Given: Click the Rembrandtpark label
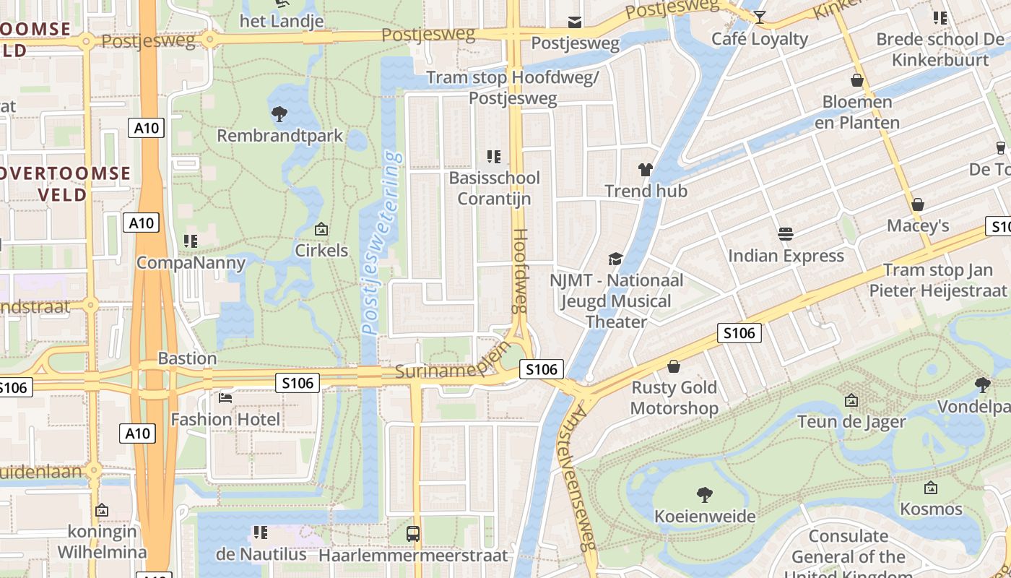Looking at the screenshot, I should [x=280, y=136].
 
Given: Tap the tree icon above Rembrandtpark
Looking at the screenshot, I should [x=279, y=113].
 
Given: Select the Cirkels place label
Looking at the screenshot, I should [x=321, y=251].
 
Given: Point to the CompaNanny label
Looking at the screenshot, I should [x=191, y=262].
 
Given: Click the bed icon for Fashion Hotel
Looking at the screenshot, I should [x=225, y=397].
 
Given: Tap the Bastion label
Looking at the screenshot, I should [x=187, y=358].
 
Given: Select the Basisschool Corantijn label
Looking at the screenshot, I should [x=494, y=188].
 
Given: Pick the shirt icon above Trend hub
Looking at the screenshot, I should [x=646, y=170].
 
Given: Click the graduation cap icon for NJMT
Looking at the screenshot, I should [x=615, y=259].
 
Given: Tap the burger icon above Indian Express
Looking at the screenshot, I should [x=786, y=233].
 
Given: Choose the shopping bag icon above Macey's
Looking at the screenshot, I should [x=917, y=204].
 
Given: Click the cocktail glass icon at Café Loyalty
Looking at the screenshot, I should [x=760, y=17].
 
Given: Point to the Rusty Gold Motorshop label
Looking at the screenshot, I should [x=674, y=398].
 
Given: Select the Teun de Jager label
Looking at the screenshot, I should [x=851, y=421].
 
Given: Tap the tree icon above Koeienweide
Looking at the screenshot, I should [x=705, y=494].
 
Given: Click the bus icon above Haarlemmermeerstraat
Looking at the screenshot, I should [x=413, y=534].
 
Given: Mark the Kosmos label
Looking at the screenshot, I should [x=931, y=509].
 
